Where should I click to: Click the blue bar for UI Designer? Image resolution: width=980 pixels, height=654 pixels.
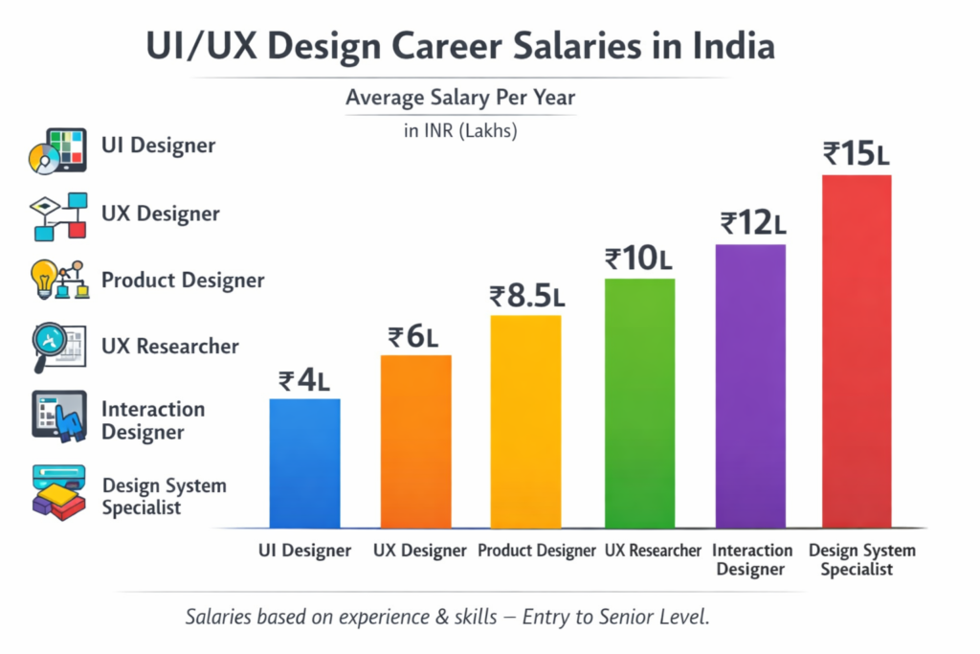pyautogui.click(x=304, y=462)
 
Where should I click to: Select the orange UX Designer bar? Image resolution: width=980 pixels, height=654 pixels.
pyautogui.click(x=415, y=441)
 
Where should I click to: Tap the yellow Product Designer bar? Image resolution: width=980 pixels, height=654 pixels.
pyautogui.click(x=525, y=421)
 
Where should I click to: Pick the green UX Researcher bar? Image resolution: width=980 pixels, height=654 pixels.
pyautogui.click(x=639, y=403)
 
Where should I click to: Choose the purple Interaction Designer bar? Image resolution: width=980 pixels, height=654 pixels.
pyautogui.click(x=750, y=386)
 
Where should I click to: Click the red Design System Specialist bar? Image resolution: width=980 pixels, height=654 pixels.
pyautogui.click(x=857, y=351)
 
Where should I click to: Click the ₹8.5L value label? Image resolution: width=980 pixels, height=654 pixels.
pyautogui.click(x=526, y=296)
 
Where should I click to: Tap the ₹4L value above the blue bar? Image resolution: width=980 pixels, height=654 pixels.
pyautogui.click(x=304, y=380)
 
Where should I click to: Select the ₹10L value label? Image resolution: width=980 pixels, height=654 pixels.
pyautogui.click(x=640, y=259)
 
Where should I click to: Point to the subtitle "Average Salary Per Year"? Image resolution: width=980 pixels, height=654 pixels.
pyautogui.click(x=460, y=98)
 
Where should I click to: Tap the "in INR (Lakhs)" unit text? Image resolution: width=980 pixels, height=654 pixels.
pyautogui.click(x=460, y=131)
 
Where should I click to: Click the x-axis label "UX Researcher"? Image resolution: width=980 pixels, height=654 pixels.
pyautogui.click(x=652, y=552)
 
